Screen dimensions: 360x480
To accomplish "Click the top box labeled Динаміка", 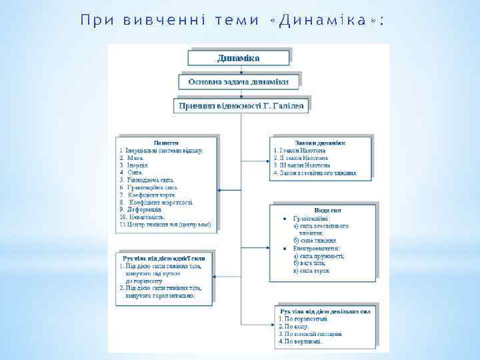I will (239, 58).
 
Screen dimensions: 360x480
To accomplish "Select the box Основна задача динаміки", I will (239, 81).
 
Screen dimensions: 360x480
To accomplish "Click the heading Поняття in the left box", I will (165, 143).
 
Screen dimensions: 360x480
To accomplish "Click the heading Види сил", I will (323, 210).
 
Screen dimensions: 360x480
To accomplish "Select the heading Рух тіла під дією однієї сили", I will (165, 257).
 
